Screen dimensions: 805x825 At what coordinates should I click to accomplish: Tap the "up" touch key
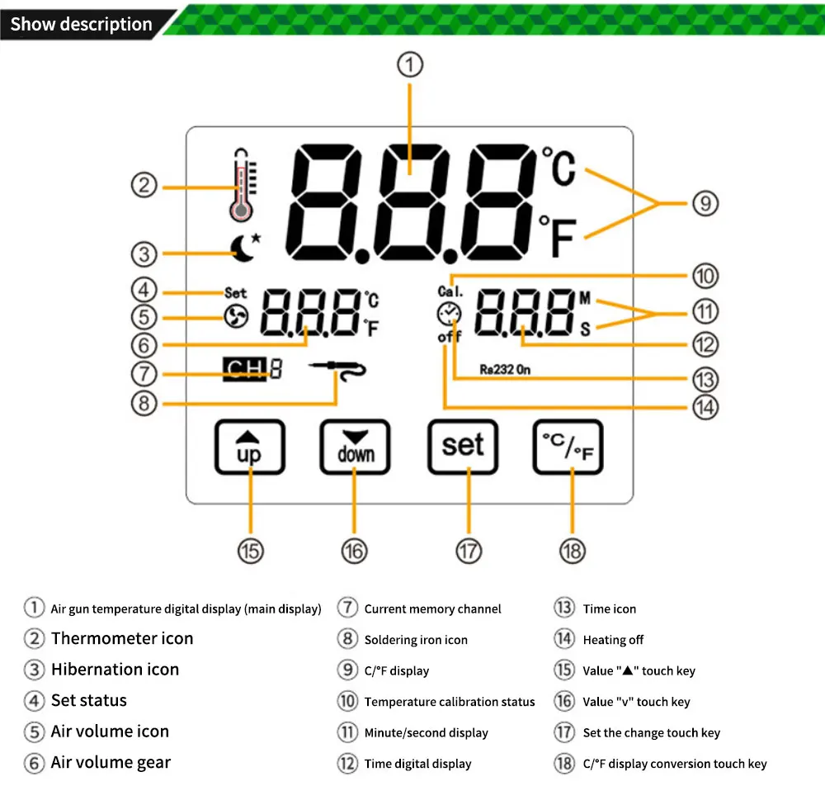249,447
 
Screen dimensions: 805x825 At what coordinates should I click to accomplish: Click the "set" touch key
462,446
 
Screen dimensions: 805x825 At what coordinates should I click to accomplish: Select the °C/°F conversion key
568,447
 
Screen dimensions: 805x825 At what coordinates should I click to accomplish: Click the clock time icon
450,314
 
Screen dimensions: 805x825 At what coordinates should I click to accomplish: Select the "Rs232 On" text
505,370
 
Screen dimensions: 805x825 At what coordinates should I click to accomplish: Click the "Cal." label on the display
450,291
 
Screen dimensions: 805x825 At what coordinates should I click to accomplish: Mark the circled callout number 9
705,203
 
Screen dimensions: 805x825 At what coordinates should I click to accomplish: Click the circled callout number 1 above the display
410,64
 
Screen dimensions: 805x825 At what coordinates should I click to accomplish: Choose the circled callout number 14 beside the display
705,407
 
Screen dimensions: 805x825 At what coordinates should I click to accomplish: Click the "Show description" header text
82,24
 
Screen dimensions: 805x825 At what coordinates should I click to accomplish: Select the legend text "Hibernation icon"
115,670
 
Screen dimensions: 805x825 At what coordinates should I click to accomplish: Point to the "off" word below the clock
450,337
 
